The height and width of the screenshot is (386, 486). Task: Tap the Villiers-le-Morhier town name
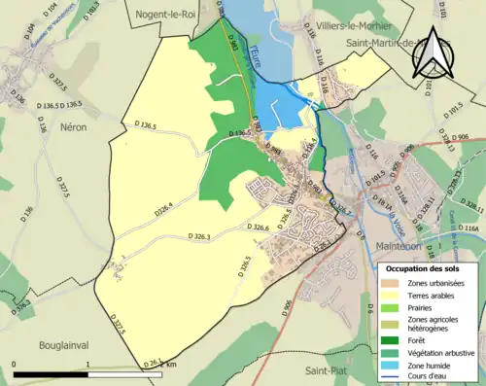click(347, 25)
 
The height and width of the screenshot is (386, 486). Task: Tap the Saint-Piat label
click(327, 371)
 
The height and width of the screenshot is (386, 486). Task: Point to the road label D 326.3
click(195, 235)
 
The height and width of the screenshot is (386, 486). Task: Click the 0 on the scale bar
click(14, 364)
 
